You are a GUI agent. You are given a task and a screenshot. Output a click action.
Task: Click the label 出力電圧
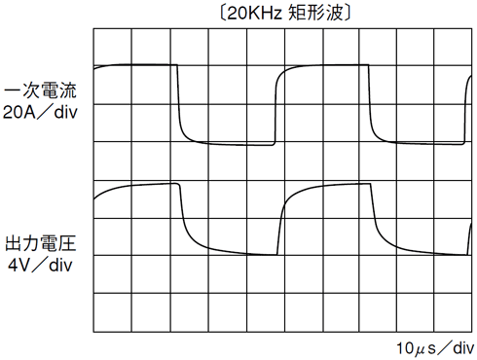(41, 243)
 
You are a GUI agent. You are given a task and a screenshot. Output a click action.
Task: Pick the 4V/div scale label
(41, 265)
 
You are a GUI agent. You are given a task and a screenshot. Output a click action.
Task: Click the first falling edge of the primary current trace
(180, 102)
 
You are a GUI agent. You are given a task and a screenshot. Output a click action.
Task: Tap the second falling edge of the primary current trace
(371, 102)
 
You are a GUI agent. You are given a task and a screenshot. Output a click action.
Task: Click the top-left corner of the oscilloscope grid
(93, 30)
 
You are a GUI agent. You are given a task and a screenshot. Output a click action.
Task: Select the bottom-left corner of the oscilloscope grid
(93, 331)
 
